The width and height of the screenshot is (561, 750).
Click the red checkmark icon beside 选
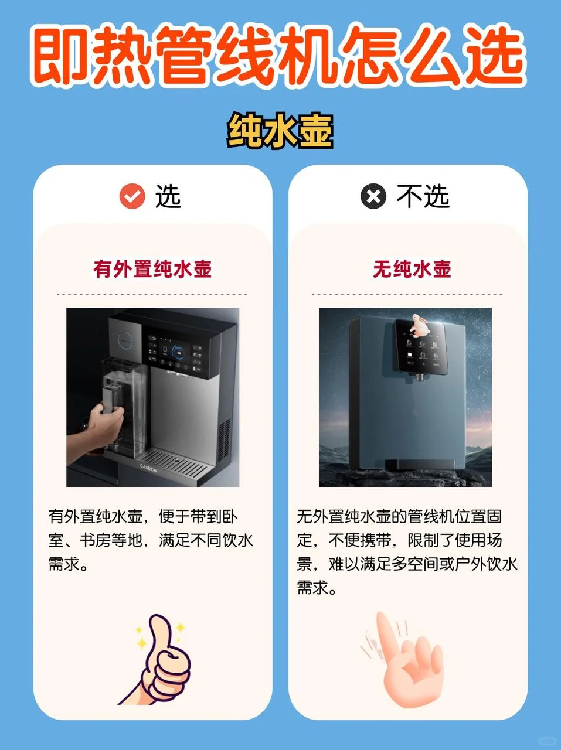[132, 196]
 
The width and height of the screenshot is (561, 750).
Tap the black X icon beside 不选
[373, 196]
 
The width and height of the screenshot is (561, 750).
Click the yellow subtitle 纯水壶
[280, 131]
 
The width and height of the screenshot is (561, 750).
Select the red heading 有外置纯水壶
[152, 269]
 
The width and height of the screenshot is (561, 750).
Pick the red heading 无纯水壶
[412, 269]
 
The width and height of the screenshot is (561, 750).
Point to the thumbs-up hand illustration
[161, 659]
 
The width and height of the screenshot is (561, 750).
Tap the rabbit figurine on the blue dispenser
[418, 326]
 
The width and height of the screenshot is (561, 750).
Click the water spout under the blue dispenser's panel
[420, 379]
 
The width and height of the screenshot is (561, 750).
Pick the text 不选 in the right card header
[423, 196]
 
